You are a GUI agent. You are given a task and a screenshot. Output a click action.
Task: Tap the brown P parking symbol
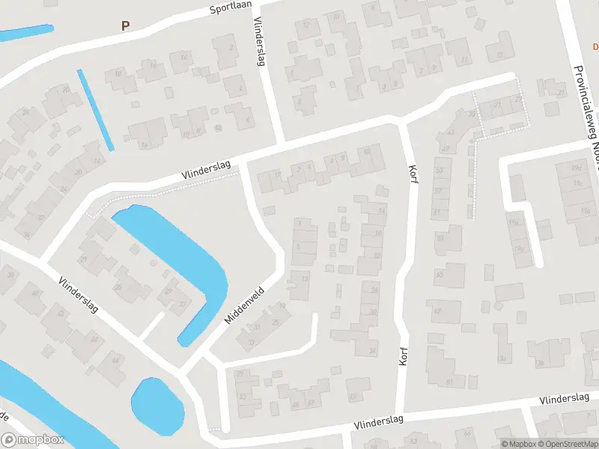tap(125, 25)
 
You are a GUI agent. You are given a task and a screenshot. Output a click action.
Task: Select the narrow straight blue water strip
tap(96, 109)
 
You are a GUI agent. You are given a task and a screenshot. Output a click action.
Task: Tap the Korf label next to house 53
tap(411, 174)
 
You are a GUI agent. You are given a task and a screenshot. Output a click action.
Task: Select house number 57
tap(439, 192)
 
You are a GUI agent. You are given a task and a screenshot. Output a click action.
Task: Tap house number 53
tap(439, 171)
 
